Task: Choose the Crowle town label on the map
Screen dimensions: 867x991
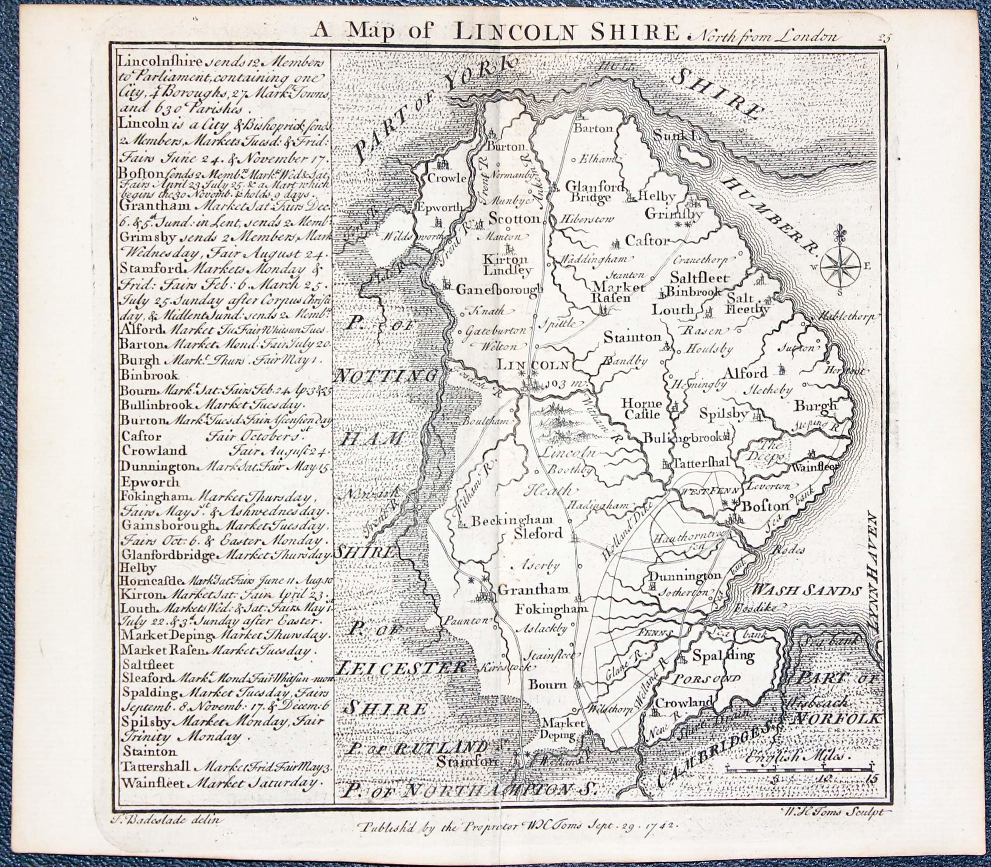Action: tap(447, 178)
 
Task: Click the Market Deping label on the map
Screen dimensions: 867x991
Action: tap(558, 730)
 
